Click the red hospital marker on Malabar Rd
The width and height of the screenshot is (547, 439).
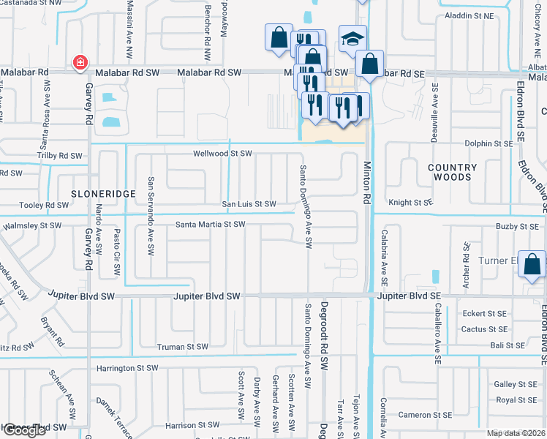(x=79, y=64)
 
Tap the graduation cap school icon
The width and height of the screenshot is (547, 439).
(x=352, y=37)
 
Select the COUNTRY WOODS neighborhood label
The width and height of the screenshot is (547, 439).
(x=452, y=172)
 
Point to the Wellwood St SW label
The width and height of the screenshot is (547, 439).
(x=222, y=154)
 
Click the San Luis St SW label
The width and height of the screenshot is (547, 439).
(x=249, y=204)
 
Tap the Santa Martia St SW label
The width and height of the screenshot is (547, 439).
(x=210, y=225)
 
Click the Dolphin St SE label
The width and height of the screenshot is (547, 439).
(x=489, y=144)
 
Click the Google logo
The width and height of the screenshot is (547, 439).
(x=24, y=430)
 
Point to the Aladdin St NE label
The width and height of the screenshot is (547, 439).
(x=469, y=15)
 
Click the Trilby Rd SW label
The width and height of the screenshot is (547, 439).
(x=60, y=156)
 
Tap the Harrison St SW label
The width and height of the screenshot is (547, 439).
(x=192, y=425)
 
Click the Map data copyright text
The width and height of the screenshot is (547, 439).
(x=516, y=433)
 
